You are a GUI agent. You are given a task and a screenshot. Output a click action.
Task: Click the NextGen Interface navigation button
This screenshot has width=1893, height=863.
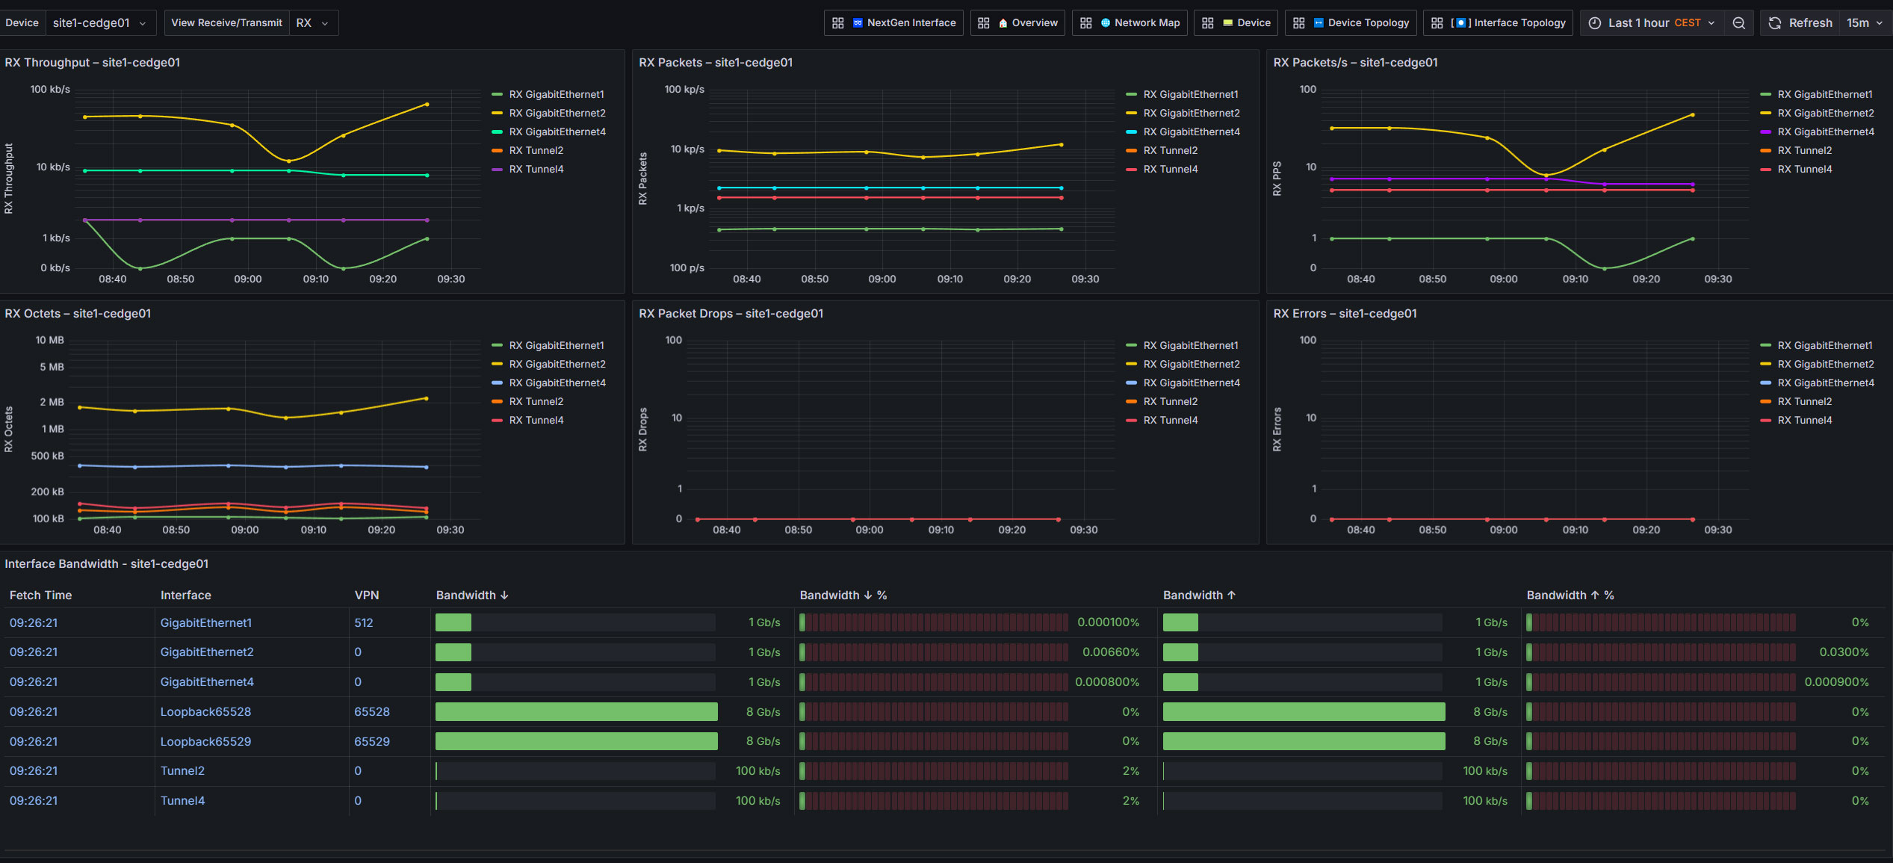pyautogui.click(x=893, y=23)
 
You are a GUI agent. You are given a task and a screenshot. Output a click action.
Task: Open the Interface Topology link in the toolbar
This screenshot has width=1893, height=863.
pyautogui.click(x=1499, y=23)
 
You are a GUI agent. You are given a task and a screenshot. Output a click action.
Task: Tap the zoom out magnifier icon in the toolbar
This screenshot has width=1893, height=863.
pyautogui.click(x=1739, y=23)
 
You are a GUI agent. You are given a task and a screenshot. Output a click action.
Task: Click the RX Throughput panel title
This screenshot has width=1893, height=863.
pyautogui.click(x=93, y=63)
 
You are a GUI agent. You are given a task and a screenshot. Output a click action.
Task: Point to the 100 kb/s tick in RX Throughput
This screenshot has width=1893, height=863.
pyautogui.click(x=50, y=89)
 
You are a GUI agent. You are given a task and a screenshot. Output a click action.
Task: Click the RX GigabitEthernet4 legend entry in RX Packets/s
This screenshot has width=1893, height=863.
pyautogui.click(x=1818, y=132)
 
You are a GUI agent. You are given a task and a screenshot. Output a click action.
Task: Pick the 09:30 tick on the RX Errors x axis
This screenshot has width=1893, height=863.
pyautogui.click(x=1718, y=530)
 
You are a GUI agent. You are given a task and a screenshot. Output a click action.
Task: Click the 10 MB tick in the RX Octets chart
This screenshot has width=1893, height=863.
pyautogui.click(x=50, y=340)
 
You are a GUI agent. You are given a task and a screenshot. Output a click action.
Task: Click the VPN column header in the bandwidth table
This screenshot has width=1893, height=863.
pyautogui.click(x=367, y=596)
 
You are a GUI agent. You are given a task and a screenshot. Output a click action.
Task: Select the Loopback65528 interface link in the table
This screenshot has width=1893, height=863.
pyautogui.click(x=205, y=712)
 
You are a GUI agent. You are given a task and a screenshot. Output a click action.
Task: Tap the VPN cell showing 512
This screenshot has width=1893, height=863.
pyautogui.click(x=364, y=622)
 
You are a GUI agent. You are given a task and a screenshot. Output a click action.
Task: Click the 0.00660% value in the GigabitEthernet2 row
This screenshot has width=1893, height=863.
pyautogui.click(x=1111, y=652)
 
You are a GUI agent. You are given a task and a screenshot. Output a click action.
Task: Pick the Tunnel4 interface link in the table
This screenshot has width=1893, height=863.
pyautogui.click(x=182, y=801)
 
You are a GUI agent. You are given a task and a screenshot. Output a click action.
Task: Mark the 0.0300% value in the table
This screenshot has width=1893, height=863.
pyautogui.click(x=1844, y=652)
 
